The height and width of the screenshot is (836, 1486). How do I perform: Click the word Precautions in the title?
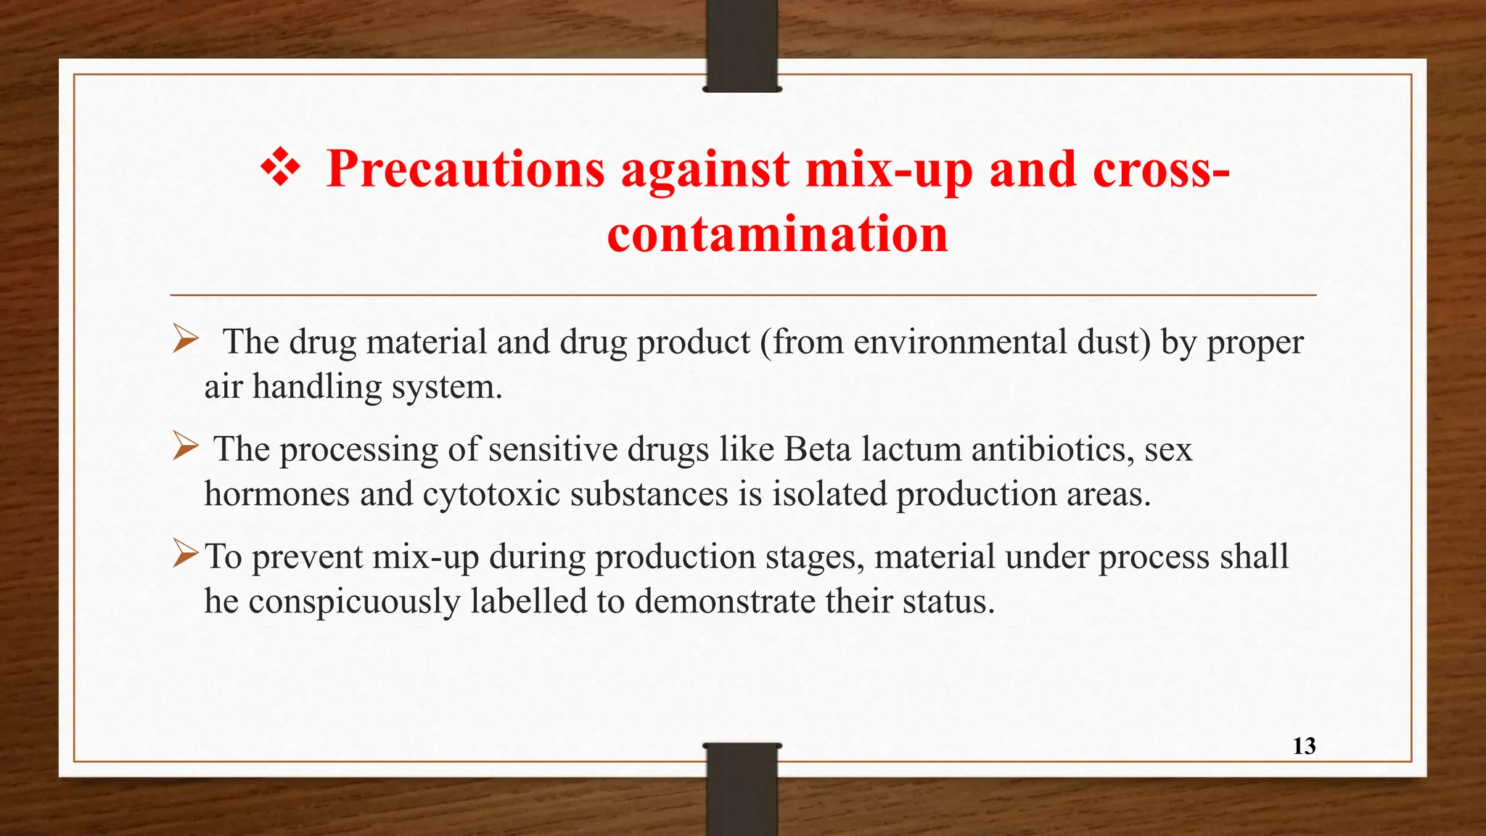tap(465, 169)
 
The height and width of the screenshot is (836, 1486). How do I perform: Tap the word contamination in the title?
tap(777, 234)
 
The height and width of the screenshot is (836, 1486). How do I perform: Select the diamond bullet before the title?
tap(280, 169)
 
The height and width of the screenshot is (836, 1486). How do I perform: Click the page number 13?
tap(1304, 746)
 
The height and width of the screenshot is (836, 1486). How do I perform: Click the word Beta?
tap(817, 449)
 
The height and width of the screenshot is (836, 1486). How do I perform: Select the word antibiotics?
tap(1053, 449)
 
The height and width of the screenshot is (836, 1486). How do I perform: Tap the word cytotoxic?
tap(491, 494)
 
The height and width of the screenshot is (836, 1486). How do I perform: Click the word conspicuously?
tap(354, 602)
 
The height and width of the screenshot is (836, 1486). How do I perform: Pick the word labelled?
tap(528, 602)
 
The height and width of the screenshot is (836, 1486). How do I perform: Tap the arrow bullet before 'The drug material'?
tap(186, 339)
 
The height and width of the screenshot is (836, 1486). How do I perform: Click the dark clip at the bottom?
tap(742, 790)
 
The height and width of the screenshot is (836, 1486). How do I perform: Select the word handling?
tap(317, 387)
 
